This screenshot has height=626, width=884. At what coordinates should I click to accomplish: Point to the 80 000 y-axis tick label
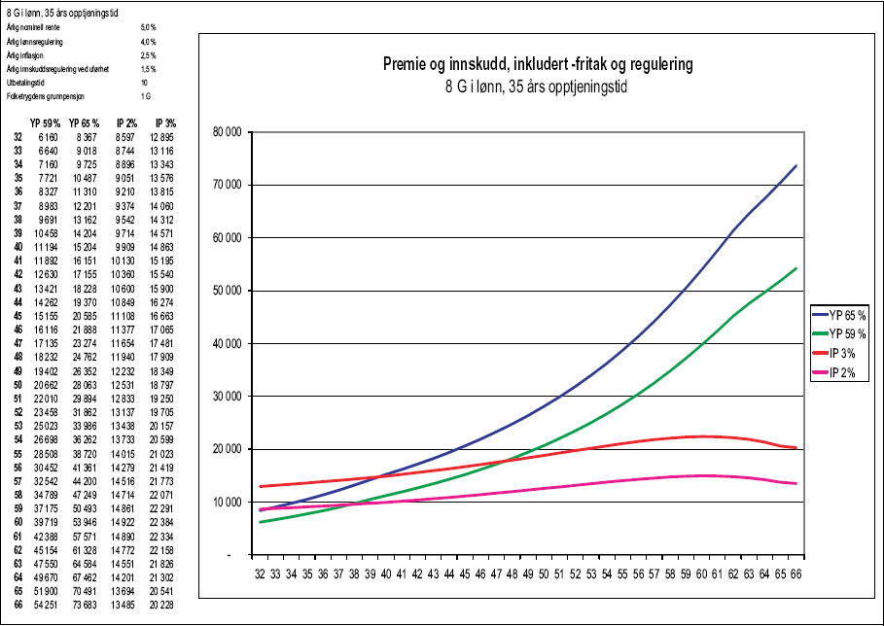(227, 132)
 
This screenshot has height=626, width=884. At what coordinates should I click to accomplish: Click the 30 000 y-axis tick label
(227, 397)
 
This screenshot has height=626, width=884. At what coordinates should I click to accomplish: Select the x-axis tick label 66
(796, 574)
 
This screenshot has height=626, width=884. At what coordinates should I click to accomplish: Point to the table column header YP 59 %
(46, 123)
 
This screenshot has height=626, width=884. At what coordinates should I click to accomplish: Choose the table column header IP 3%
(165, 123)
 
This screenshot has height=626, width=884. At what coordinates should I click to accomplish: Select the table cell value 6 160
(50, 140)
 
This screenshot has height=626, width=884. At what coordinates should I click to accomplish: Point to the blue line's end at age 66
(796, 166)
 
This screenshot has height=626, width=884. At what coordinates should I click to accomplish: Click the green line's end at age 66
(796, 268)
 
